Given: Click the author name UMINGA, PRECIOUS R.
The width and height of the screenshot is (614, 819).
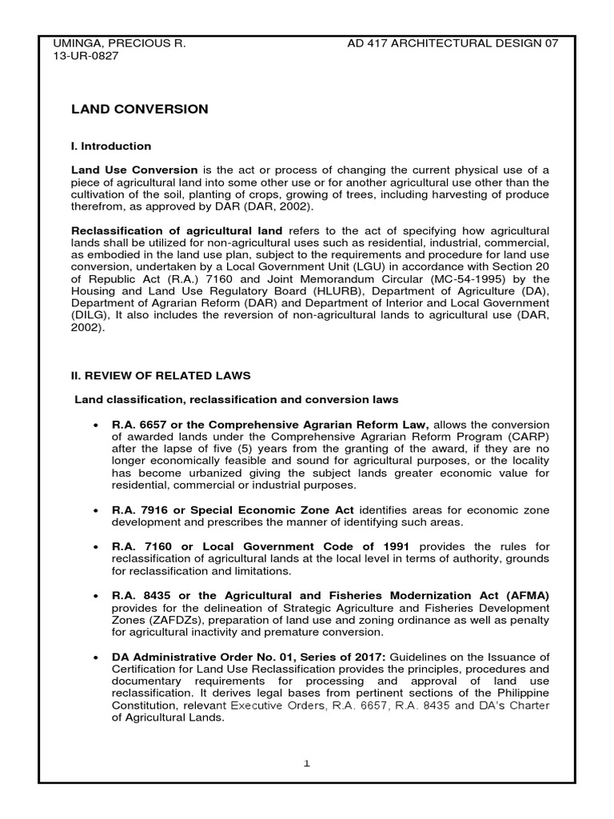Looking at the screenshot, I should pos(118,42).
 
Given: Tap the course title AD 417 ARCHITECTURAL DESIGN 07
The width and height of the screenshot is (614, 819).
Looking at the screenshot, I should pos(453,42).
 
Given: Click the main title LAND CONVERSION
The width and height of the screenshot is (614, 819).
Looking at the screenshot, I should pos(140,110).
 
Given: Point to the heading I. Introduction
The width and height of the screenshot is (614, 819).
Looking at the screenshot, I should pos(111,146).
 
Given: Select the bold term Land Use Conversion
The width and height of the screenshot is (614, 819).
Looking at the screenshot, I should pos(134,170).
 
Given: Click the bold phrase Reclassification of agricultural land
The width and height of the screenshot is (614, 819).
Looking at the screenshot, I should pos(177,230).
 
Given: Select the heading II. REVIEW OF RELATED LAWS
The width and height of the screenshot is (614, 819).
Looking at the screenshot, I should pos(161,375).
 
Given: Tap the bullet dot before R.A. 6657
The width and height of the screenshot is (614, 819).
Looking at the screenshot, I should pos(96,425).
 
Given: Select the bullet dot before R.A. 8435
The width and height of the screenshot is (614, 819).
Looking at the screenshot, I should pos(96,596).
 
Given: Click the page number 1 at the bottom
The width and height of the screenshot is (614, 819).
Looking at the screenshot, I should pos(307,764).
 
